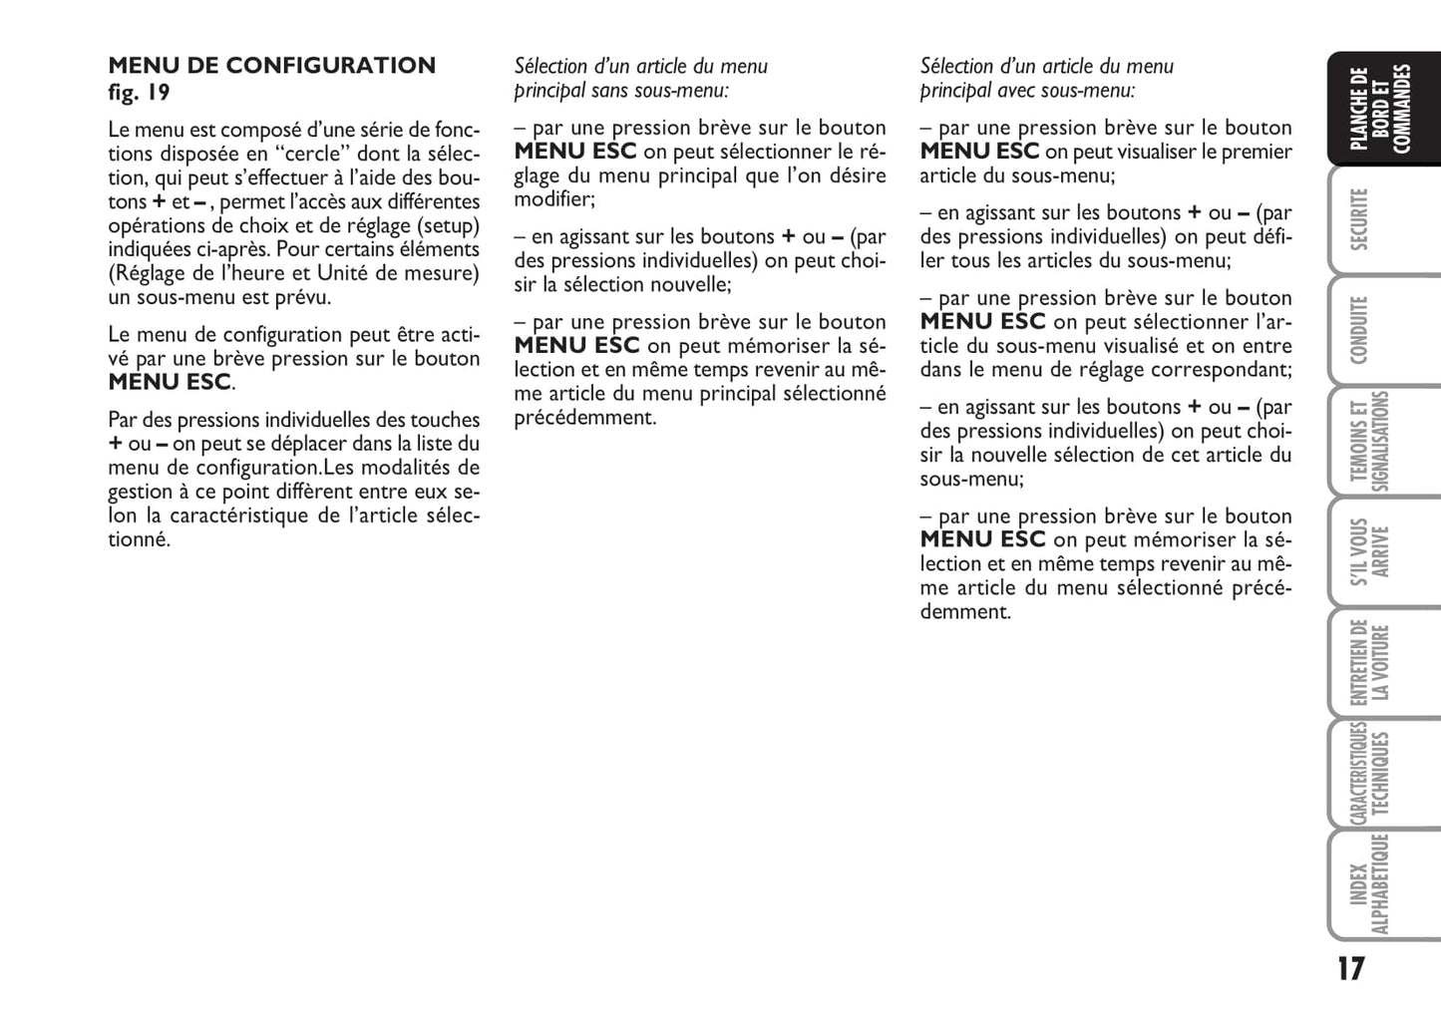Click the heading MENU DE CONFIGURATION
(x=271, y=66)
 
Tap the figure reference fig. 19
(x=139, y=93)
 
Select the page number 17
(x=1350, y=968)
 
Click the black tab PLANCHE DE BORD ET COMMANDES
(x=1381, y=109)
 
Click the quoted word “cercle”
(x=313, y=154)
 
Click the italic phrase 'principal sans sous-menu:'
(x=621, y=91)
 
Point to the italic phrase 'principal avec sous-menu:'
(x=1027, y=91)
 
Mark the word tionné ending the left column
(x=139, y=539)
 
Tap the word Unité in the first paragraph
(x=343, y=273)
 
